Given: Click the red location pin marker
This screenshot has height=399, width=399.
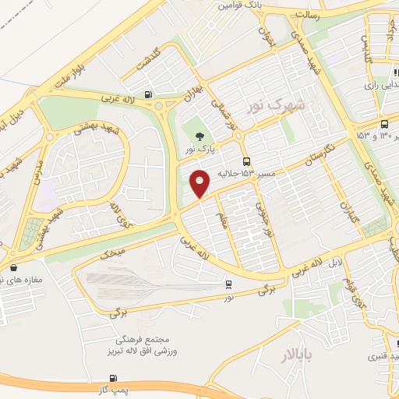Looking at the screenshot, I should [x=201, y=184].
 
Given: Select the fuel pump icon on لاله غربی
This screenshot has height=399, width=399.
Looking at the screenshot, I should [x=149, y=97].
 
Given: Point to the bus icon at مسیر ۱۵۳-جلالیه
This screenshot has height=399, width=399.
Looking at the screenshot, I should [x=247, y=161].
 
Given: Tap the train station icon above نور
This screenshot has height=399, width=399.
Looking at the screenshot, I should [x=228, y=284].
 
